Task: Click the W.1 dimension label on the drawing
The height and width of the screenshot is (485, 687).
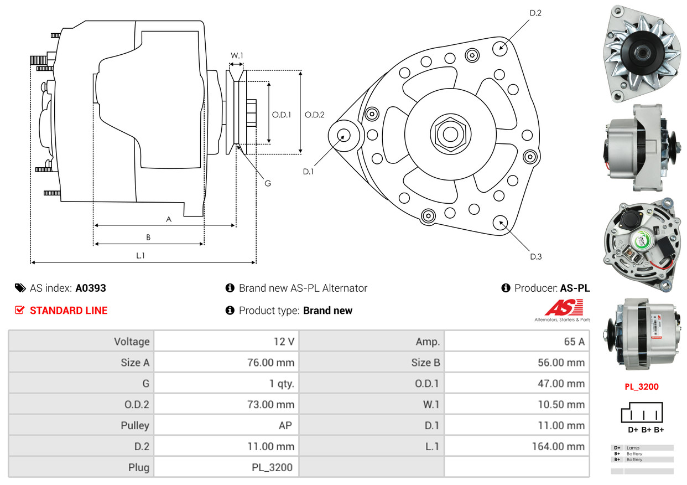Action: pos(237,55)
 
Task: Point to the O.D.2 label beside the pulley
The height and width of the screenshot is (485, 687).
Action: pos(315,115)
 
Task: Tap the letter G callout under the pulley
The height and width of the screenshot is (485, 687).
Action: pos(268,183)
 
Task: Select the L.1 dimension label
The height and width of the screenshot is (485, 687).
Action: pos(140,255)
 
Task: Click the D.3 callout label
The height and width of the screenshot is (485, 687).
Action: pos(535,256)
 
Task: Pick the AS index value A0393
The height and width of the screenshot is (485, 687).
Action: pos(91,288)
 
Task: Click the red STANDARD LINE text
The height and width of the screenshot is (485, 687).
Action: pos(69,311)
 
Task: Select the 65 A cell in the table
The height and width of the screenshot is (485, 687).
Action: pos(574,342)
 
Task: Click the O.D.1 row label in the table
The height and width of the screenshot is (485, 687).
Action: pos(428,384)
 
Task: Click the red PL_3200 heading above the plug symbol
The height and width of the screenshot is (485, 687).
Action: pos(642,386)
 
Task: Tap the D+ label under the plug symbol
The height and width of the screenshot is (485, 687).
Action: pos(633,430)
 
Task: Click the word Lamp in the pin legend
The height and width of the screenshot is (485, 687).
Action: pos(633,447)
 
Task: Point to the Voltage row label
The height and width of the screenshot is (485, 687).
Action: pos(132,342)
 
